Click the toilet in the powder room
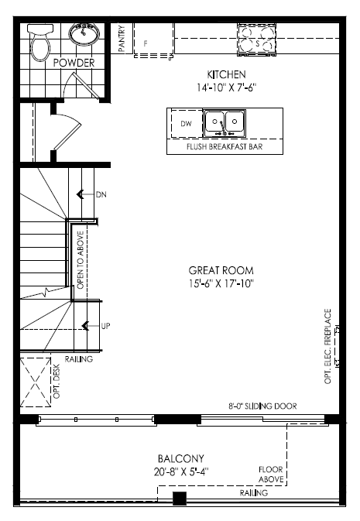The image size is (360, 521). pyautogui.click(x=40, y=42)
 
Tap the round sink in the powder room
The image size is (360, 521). pyautogui.click(x=84, y=34)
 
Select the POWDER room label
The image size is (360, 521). pyautogui.click(x=74, y=63)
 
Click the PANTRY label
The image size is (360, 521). pyautogui.click(x=122, y=39)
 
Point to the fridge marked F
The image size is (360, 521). pyautogui.click(x=153, y=39)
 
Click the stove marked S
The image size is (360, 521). pyautogui.click(x=256, y=39)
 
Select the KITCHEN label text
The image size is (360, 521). pyautogui.click(x=226, y=74)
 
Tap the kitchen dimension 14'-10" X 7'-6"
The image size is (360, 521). pyautogui.click(x=226, y=87)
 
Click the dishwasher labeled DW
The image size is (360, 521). pyautogui.click(x=186, y=124)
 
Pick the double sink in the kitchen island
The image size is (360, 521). pyautogui.click(x=225, y=123)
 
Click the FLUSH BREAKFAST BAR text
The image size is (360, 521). pyautogui.click(x=225, y=146)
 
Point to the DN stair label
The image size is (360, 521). pyautogui.click(x=101, y=194)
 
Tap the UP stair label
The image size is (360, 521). pyautogui.click(x=105, y=326)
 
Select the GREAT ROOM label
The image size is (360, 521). pyautogui.click(x=221, y=270)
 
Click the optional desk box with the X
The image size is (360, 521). pyautogui.click(x=36, y=382)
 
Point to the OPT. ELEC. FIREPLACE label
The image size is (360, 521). pyautogui.click(x=327, y=347)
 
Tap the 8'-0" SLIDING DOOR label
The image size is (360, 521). pyautogui.click(x=262, y=406)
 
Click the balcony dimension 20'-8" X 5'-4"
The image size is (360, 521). pyautogui.click(x=181, y=471)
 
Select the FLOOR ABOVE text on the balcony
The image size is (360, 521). pyautogui.click(x=271, y=475)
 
